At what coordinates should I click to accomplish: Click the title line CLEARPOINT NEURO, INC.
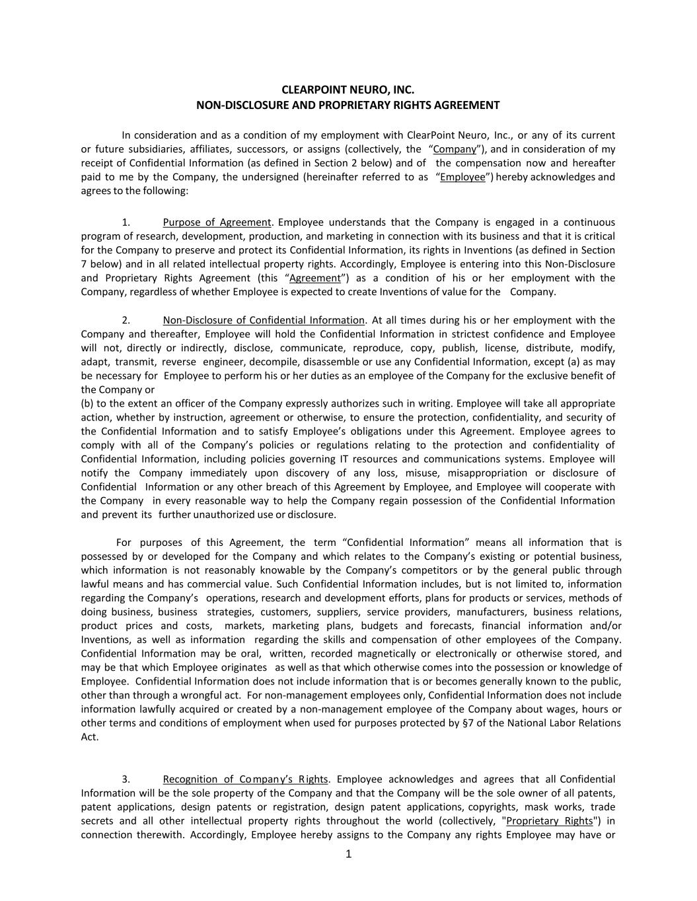click(348, 90)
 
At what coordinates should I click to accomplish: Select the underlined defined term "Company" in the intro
click(455, 149)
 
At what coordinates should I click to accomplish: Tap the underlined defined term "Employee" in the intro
click(462, 177)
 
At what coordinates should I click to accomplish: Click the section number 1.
click(126, 222)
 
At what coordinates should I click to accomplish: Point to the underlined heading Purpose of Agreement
click(217, 222)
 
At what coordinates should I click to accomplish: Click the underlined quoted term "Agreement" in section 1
click(315, 278)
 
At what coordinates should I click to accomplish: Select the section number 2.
click(126, 320)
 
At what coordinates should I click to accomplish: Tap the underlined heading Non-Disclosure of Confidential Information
click(264, 320)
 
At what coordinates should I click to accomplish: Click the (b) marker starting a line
click(87, 403)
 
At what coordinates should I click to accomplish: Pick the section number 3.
click(126, 779)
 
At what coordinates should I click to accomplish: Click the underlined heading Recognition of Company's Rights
click(245, 779)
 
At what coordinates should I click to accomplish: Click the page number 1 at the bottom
click(349, 854)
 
